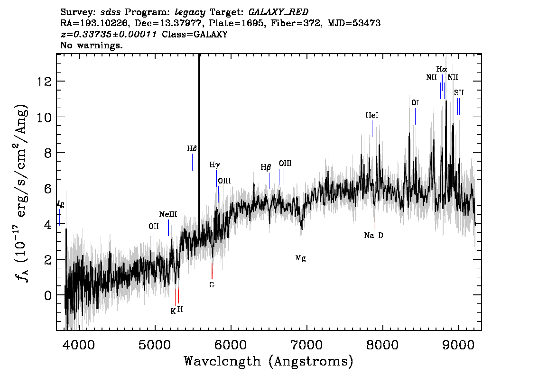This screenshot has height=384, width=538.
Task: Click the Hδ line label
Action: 192,148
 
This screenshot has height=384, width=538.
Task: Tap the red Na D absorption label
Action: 374,235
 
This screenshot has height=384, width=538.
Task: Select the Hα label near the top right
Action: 442,69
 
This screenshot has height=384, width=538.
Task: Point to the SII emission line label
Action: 459,92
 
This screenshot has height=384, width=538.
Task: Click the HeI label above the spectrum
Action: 372,115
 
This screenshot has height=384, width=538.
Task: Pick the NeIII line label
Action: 168,214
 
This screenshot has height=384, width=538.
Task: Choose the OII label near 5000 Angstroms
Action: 154,226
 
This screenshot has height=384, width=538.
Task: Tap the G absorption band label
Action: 212,284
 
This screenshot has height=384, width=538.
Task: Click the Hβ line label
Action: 266,167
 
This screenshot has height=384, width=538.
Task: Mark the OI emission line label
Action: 415,103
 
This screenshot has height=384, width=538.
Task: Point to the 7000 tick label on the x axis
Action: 306,345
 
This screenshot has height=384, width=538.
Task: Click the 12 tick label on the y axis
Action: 45,82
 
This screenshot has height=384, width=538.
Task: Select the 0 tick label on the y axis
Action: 48,295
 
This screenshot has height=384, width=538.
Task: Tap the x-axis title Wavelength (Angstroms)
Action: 269,361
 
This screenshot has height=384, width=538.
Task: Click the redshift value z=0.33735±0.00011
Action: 109,34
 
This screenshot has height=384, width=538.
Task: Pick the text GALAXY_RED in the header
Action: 278,12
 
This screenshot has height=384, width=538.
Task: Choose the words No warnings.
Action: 91,45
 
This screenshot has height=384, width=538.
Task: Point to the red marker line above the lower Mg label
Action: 301,244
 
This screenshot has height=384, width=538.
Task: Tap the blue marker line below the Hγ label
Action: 216,178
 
